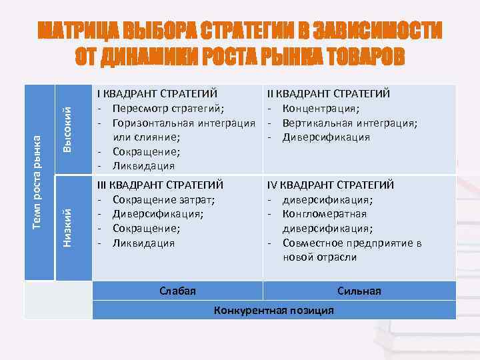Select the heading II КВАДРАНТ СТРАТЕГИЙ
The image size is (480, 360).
click(329, 94)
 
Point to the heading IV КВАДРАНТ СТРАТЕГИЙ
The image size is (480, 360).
click(331, 185)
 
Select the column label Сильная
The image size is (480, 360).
click(359, 291)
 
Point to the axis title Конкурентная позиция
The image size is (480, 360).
click(273, 311)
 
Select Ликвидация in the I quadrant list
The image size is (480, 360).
click(143, 166)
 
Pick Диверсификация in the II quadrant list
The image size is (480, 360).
click(326, 137)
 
